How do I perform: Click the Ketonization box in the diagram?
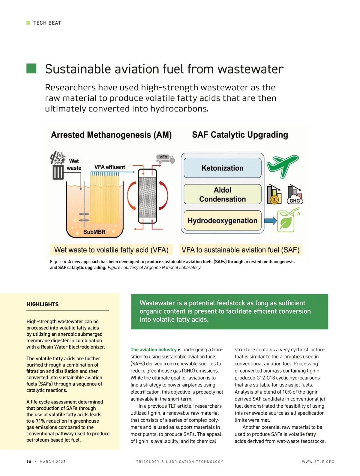click(222, 168)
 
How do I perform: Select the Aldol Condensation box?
click(222, 194)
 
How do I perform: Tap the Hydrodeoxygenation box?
click(222, 221)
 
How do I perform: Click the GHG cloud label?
click(295, 201)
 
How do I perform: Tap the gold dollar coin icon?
click(274, 200)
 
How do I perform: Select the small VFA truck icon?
click(165, 159)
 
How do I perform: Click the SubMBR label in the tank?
click(94, 232)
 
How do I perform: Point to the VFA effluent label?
click(109, 167)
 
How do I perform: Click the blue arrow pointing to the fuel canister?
click(270, 221)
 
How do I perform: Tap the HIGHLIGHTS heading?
click(42, 304)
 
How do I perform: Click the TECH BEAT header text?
click(47, 23)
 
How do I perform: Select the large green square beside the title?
click(31, 68)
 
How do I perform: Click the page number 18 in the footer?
click(29, 462)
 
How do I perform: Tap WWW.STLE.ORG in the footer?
click(318, 462)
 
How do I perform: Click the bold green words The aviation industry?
click(153, 350)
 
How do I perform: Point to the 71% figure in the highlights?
click(40, 421)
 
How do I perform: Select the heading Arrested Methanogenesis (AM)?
click(111, 135)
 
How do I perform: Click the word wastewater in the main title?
click(250, 69)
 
